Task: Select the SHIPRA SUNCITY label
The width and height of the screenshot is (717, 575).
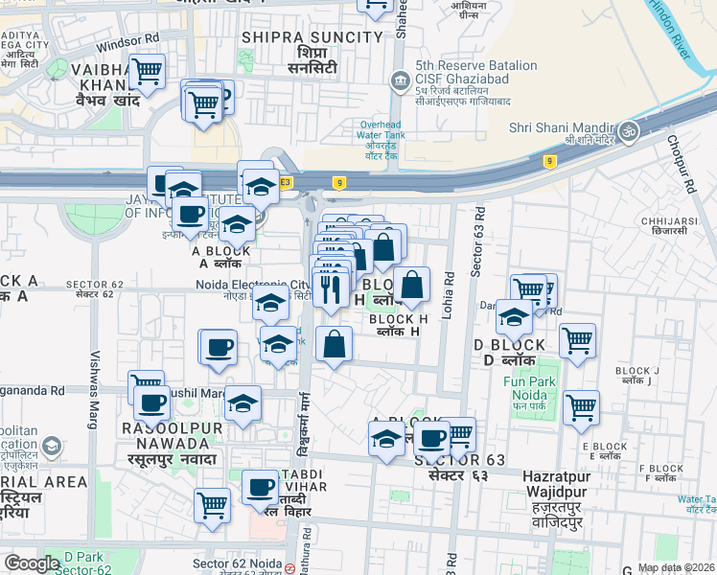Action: click(x=312, y=37)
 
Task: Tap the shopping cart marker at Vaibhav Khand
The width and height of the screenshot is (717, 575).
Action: click(x=146, y=72)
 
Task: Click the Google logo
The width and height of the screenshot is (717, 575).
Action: click(x=32, y=563)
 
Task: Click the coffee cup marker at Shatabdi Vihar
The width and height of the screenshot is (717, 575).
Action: click(x=259, y=489)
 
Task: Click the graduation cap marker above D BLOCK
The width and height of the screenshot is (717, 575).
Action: click(x=515, y=317)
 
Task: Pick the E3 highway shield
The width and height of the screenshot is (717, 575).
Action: click(x=285, y=182)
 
